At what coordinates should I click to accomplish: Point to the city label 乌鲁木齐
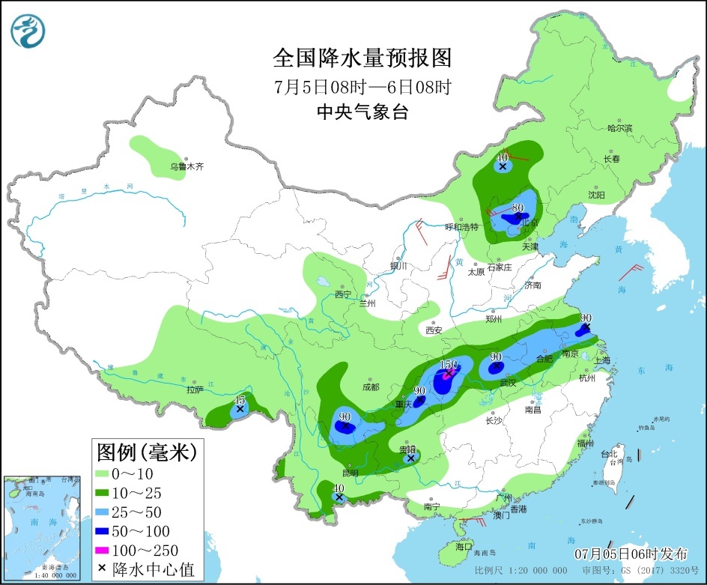186,167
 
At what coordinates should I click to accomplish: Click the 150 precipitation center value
448,366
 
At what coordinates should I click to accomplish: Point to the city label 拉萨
195,390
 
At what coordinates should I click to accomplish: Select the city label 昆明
350,473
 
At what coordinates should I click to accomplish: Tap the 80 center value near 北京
517,207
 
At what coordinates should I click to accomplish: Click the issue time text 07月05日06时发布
631,554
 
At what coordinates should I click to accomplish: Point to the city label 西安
434,330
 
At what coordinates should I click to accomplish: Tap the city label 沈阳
596,195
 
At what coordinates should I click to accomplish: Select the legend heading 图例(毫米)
147,452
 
